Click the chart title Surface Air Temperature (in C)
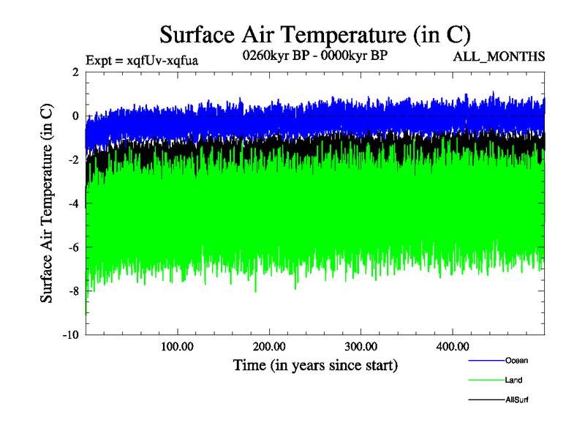[314, 34]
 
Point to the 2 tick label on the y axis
[75, 72]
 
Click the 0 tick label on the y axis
[75, 116]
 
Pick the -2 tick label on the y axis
[72, 160]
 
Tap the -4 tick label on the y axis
[72, 203]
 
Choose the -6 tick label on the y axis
[72, 247]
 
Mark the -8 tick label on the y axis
[72, 291]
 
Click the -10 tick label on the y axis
[69, 335]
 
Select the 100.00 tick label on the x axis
[178, 346]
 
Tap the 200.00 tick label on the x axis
[269, 346]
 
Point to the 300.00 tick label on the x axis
[361, 346]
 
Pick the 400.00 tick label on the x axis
[452, 346]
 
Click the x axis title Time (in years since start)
[315, 364]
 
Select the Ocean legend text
[516, 360]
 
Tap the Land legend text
[513, 380]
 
